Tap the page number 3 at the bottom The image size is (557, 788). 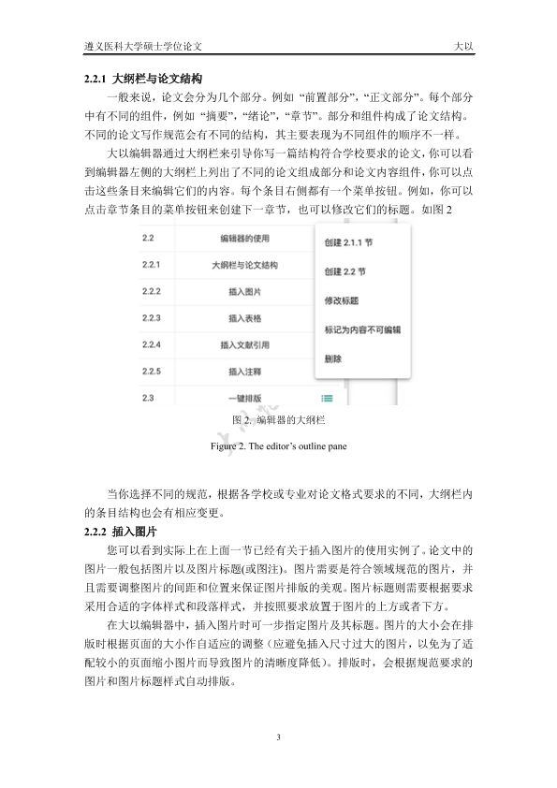coord(279,739)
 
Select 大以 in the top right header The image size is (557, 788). coord(462,45)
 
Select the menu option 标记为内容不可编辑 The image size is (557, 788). coord(362,330)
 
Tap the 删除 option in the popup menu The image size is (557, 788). coord(333,358)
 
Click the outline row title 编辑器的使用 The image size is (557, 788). coord(245,238)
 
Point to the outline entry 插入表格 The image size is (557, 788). coord(245,319)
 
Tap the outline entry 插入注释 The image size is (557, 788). coord(245,372)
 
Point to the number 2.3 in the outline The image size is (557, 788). coord(147,399)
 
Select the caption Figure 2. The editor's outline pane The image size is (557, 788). coord(278,446)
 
